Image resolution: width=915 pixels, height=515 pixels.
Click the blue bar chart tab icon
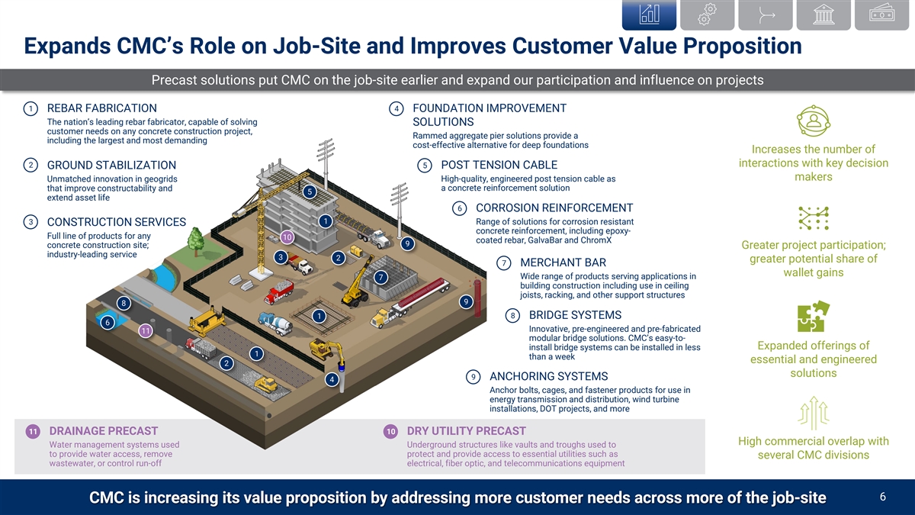[x=650, y=14]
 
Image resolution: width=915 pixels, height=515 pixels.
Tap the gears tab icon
[x=709, y=14]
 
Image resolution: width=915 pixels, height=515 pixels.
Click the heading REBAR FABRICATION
[x=102, y=108]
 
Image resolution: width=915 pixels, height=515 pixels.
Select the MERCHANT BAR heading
[x=563, y=263]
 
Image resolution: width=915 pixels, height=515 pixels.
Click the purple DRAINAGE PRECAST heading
[x=104, y=431]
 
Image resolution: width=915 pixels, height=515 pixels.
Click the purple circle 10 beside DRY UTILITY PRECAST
[x=390, y=432]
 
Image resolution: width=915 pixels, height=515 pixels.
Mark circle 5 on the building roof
[x=309, y=192]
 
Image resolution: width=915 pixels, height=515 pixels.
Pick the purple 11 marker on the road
[x=146, y=330]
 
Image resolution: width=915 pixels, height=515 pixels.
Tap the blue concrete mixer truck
[x=274, y=323]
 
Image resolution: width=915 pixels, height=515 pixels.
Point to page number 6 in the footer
[x=881, y=497]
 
